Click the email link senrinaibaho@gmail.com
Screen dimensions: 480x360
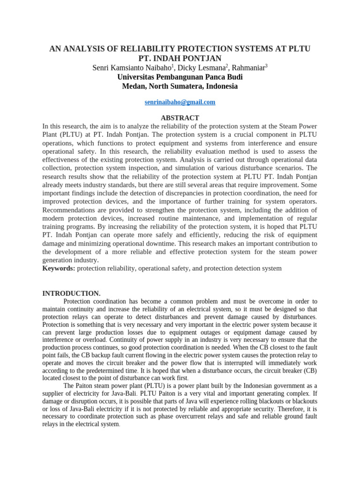coord(180,102)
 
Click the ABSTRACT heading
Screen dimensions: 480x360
coord(180,118)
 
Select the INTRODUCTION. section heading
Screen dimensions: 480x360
coord(71,293)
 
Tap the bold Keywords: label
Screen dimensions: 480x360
coord(59,268)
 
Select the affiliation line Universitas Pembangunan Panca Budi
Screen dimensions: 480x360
coord(180,77)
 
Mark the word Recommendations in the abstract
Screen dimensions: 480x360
coord(69,209)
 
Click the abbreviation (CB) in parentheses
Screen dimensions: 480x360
coord(310,370)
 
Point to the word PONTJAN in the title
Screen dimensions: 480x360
coord(197,59)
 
